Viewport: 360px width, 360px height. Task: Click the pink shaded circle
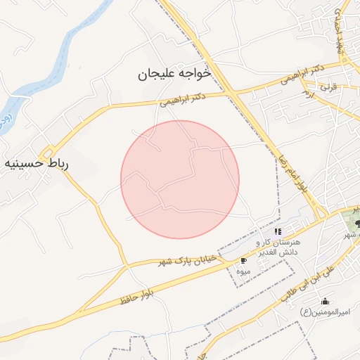pyautogui.click(x=180, y=179)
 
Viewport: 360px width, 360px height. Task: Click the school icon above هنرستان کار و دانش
pyautogui.click(x=278, y=231)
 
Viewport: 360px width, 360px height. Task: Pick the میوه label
pyautogui.click(x=243, y=271)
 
